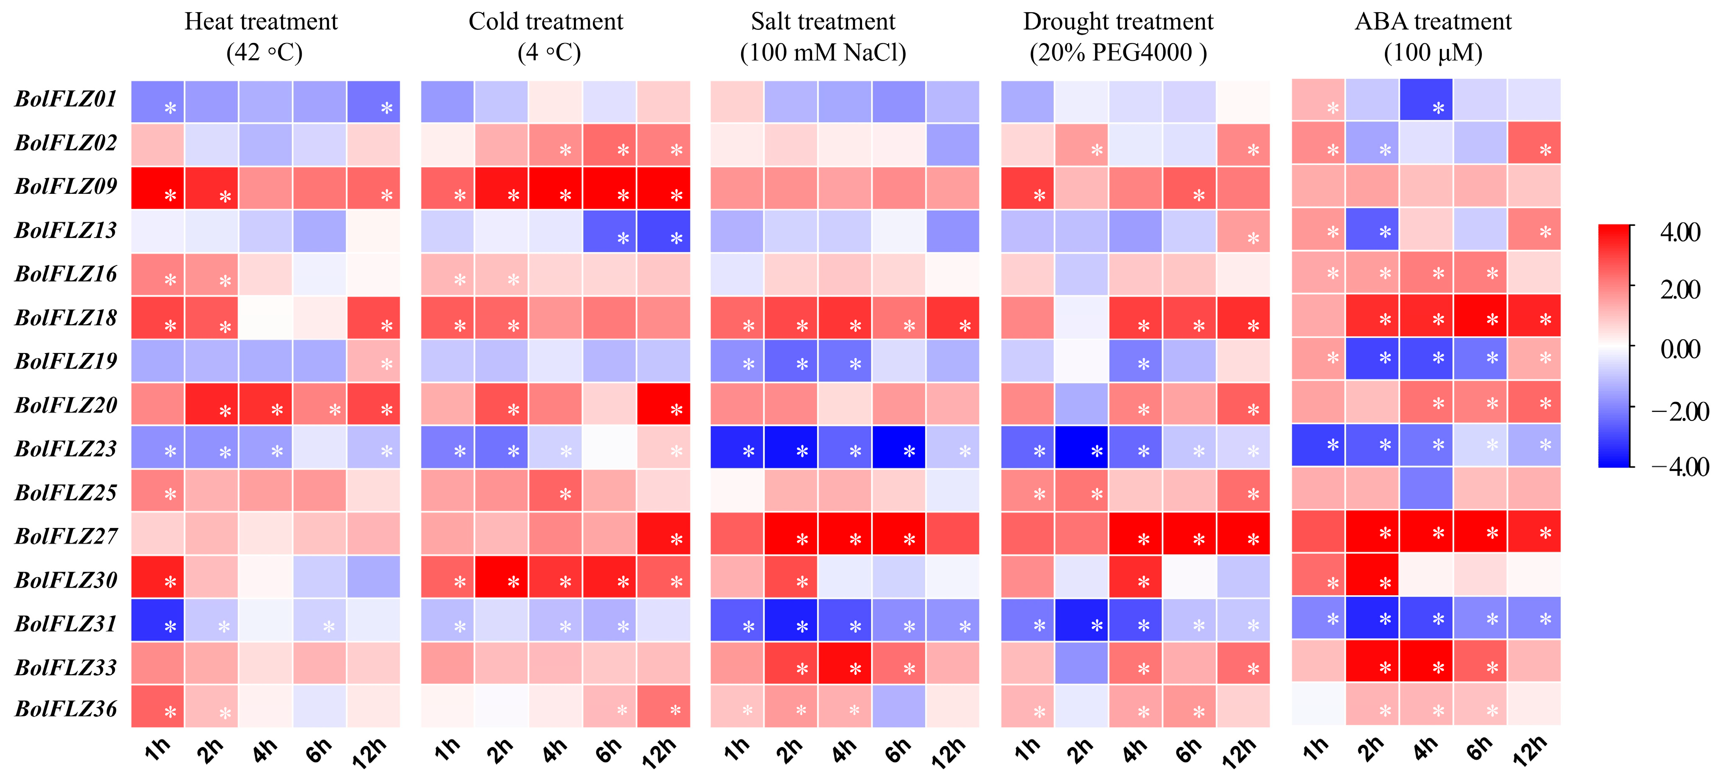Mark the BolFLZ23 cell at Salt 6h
tap(899, 447)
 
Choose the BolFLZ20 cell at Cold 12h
tap(664, 404)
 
